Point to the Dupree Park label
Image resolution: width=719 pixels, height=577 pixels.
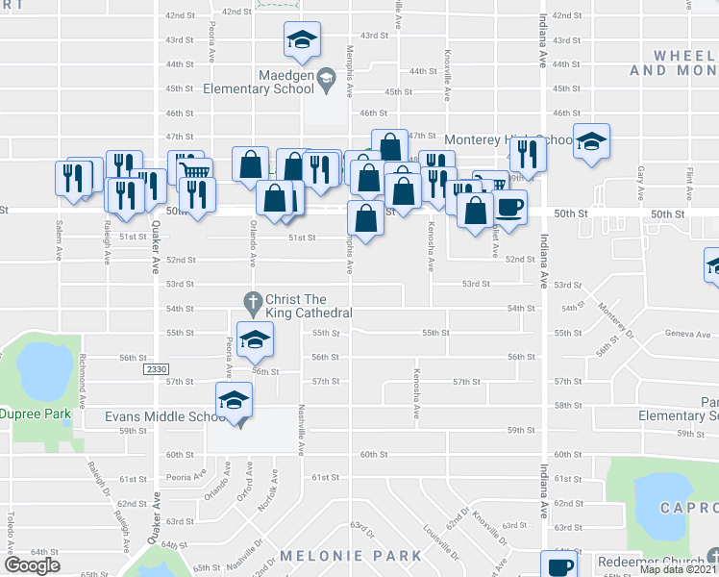tap(36, 414)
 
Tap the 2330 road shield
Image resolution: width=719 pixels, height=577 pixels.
tap(156, 369)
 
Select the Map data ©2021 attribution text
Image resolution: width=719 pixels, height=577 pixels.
tap(678, 569)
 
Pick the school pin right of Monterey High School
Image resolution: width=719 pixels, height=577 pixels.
tap(591, 141)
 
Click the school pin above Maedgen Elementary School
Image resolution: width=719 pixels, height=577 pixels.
tap(302, 40)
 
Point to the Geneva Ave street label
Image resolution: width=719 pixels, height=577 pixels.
tap(659, 333)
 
